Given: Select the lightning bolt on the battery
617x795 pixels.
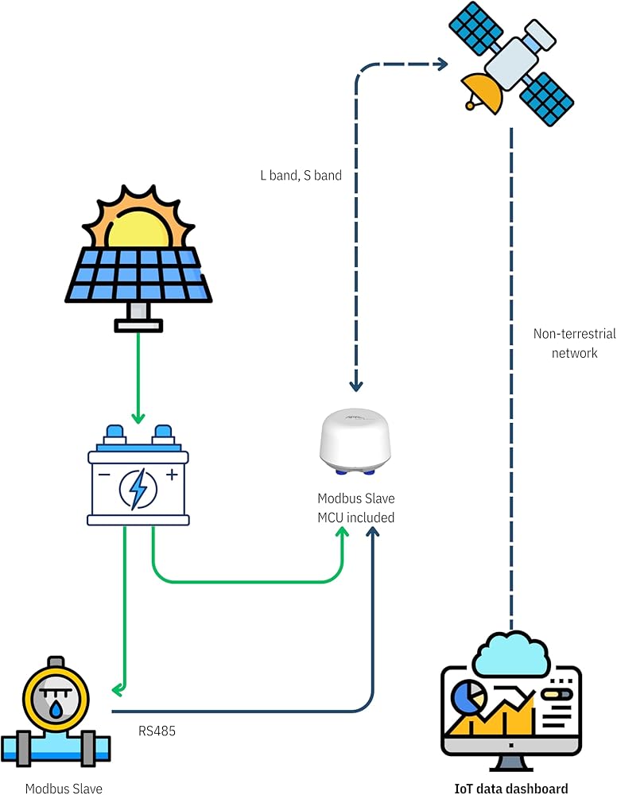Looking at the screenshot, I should tap(138, 487).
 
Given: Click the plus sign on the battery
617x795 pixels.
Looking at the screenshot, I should tap(171, 475).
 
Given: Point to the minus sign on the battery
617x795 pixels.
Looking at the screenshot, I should tap(104, 475).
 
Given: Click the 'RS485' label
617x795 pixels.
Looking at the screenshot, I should tap(157, 729).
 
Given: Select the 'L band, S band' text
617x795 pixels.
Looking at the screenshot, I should tap(301, 175).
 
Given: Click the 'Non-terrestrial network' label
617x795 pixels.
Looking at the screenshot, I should tap(574, 343).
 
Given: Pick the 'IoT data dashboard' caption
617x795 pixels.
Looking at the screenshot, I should tap(511, 789).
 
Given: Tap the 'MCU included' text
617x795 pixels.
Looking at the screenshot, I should tap(356, 518).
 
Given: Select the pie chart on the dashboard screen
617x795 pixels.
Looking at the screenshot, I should tap(468, 696).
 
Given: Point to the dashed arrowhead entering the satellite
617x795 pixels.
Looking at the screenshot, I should tap(442, 64).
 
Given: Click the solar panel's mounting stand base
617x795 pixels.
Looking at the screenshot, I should tap(138, 324).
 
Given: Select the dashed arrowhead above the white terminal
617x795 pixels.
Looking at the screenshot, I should tap(356, 385).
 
